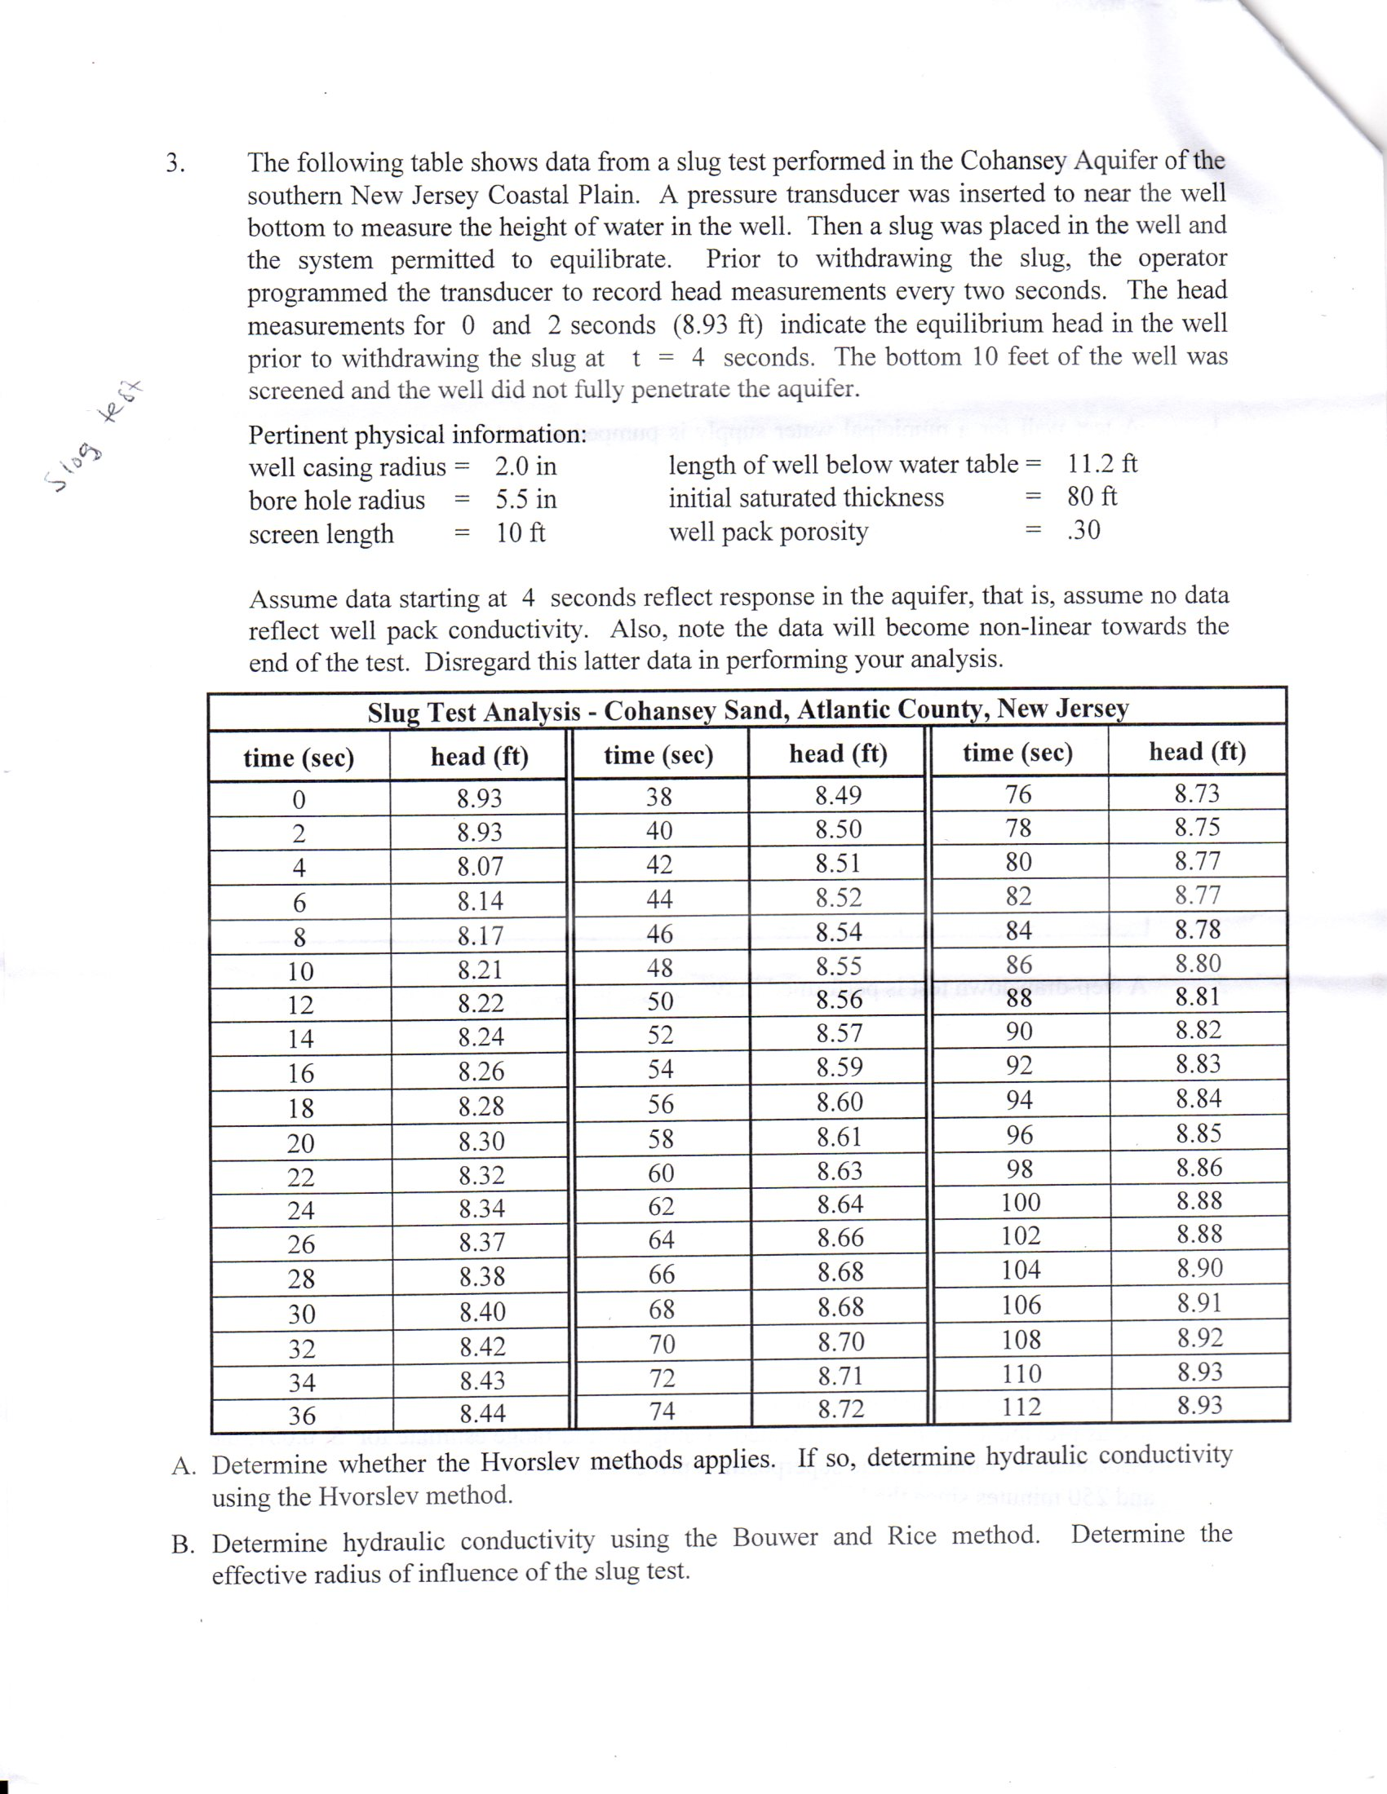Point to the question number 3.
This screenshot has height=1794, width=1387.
pyautogui.click(x=175, y=162)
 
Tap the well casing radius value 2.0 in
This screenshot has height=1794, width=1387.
pyautogui.click(x=525, y=466)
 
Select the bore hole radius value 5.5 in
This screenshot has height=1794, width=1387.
pyautogui.click(x=525, y=499)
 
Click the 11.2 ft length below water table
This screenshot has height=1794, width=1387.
pyautogui.click(x=1102, y=464)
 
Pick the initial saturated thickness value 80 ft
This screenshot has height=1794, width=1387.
pyautogui.click(x=1092, y=497)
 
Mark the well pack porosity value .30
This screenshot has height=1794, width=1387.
pyautogui.click(x=1083, y=531)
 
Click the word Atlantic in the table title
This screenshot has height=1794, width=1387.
pyautogui.click(x=843, y=709)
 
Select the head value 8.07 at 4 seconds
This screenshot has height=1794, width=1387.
pyautogui.click(x=480, y=867)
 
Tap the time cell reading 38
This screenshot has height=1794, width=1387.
pyautogui.click(x=659, y=797)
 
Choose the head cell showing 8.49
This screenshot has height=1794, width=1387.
pyautogui.click(x=838, y=795)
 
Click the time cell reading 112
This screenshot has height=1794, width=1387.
pyautogui.click(x=1021, y=1408)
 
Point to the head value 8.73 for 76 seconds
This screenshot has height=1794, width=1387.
pyautogui.click(x=1197, y=793)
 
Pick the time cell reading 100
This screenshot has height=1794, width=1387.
pyautogui.click(x=1021, y=1203)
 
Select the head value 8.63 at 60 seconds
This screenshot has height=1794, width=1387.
pyautogui.click(x=840, y=1170)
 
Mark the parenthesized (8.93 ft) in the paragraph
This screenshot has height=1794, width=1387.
pyautogui.click(x=717, y=325)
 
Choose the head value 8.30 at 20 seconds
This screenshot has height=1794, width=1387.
pyautogui.click(x=481, y=1141)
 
